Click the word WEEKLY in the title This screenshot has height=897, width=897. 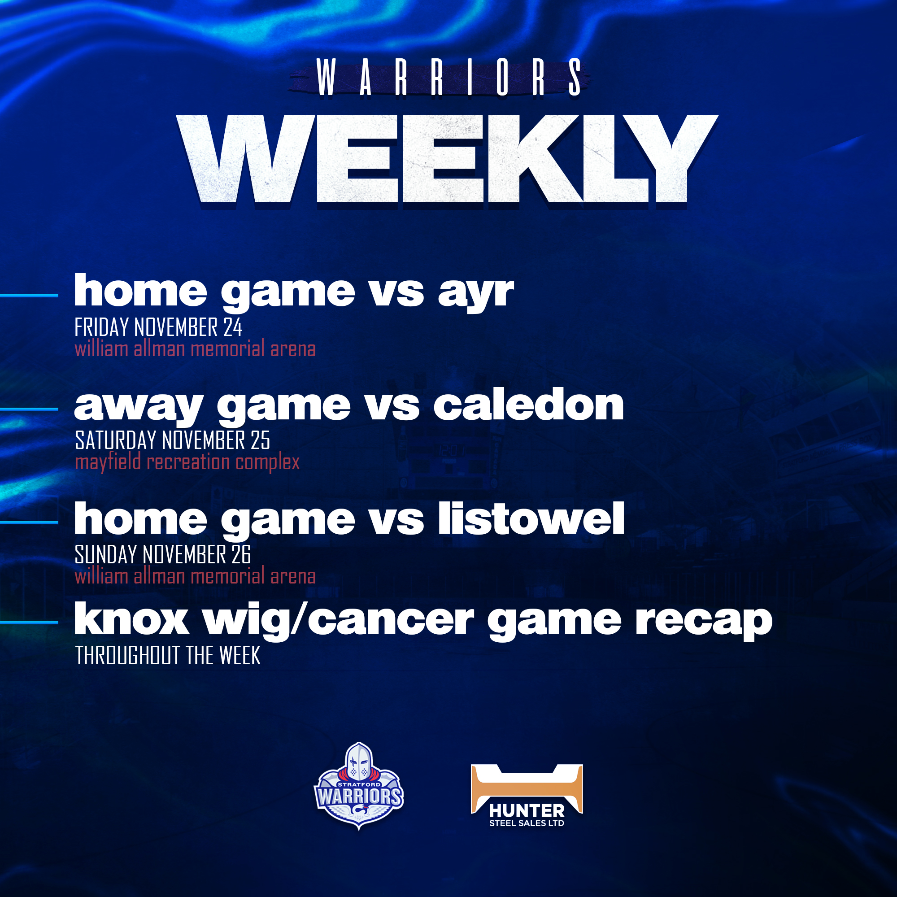click(x=447, y=159)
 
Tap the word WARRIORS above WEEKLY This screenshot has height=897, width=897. click(x=448, y=77)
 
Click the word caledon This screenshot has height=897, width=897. click(x=528, y=405)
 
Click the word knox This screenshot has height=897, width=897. click(x=131, y=619)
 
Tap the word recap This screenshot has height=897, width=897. click(x=704, y=622)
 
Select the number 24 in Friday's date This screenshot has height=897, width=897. click(x=233, y=327)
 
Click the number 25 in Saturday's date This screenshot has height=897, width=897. click(x=260, y=440)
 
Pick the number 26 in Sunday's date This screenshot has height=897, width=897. click(x=241, y=554)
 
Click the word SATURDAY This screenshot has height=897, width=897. click(x=116, y=440)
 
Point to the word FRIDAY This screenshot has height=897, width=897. click(x=102, y=327)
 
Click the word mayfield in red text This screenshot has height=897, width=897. click(x=108, y=463)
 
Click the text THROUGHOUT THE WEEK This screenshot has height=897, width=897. click(x=168, y=655)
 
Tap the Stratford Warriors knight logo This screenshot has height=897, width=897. click(x=359, y=786)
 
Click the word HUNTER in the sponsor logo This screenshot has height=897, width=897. click(x=527, y=811)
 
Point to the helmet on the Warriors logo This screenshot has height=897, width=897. click(x=359, y=762)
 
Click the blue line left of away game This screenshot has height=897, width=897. click(x=29, y=409)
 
